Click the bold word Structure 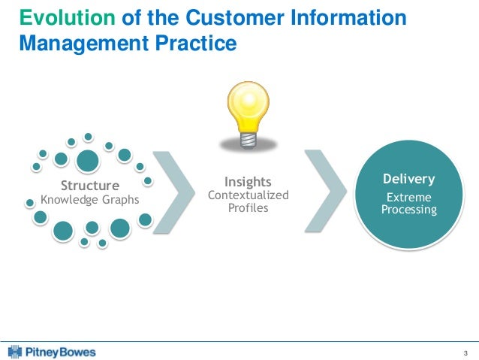pos(89,185)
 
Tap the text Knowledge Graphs pos(89,200)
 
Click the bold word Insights pos(248,181)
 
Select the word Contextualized pos(248,195)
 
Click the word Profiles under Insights pos(248,207)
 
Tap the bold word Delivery pos(408,180)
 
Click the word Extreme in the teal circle pos(408,197)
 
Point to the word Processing pos(408,210)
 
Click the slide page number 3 pos(465,352)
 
